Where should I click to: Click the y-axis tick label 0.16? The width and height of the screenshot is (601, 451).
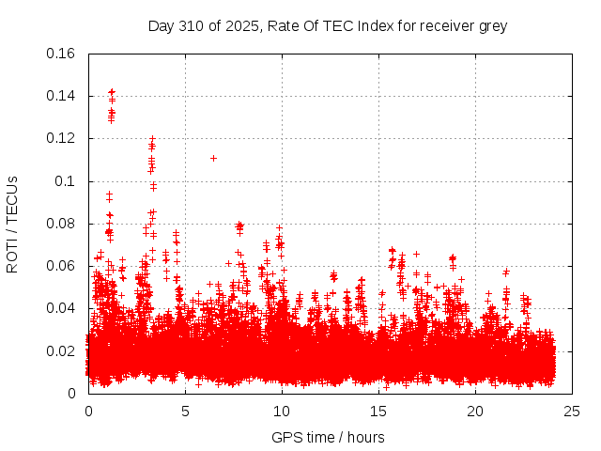(62, 54)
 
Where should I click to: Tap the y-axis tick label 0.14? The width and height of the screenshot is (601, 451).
(62, 96)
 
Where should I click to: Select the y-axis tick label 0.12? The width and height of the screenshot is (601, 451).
(62, 138)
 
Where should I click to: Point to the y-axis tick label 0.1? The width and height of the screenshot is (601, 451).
(68, 181)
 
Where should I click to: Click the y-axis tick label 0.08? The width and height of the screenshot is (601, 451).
(62, 224)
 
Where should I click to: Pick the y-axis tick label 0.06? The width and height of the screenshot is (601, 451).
(62, 266)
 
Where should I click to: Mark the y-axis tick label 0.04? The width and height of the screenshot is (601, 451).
(62, 308)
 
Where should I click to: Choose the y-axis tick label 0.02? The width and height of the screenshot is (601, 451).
(62, 351)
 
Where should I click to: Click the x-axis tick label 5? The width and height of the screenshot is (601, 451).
(185, 412)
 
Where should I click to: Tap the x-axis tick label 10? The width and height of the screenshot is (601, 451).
(282, 412)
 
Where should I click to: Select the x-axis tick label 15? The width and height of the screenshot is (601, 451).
(378, 412)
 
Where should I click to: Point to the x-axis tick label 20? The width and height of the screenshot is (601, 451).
(475, 412)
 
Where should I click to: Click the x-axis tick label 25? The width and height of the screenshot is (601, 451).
(572, 412)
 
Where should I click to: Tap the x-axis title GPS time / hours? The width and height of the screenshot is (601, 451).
(328, 437)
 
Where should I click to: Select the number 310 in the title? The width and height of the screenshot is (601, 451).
(192, 25)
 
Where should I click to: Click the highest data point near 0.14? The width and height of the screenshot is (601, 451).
(112, 92)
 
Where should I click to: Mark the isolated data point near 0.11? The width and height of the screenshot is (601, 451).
(213, 158)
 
